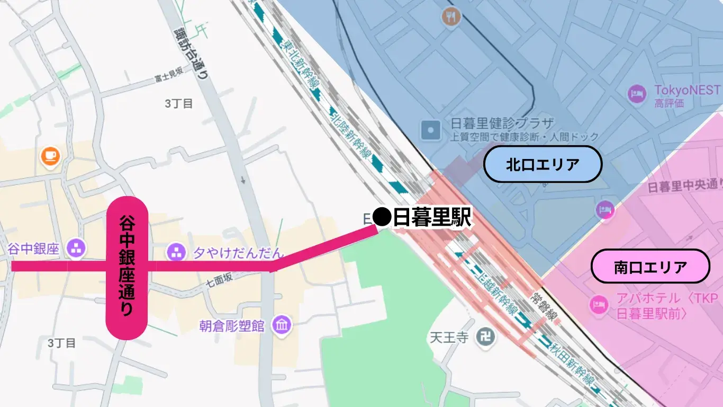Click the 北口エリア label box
543,164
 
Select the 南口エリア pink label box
650,267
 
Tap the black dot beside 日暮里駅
382,216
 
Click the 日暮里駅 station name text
431,217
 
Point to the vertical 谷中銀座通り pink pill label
126,268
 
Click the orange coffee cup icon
51,155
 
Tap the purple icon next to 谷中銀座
77,247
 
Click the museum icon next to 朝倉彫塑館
281,324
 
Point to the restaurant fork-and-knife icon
451,16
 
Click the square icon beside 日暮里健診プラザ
430,129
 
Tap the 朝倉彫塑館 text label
232,325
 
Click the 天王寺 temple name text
449,337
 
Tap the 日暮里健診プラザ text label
502,124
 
